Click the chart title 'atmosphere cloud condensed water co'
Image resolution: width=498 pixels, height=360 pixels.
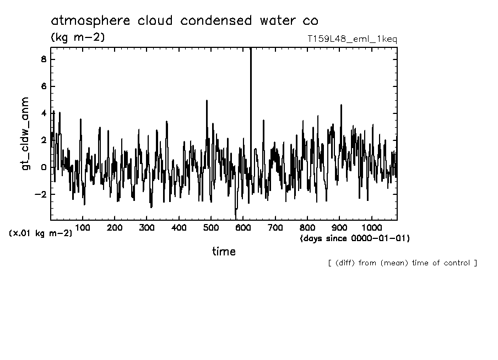click(x=185, y=21)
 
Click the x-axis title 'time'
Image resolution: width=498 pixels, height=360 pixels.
click(x=224, y=252)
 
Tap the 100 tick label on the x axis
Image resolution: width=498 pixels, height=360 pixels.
click(x=83, y=227)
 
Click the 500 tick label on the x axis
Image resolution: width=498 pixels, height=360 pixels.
click(x=211, y=227)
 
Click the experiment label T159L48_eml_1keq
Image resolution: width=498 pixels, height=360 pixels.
click(x=352, y=40)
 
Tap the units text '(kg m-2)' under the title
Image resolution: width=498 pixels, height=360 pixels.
click(x=77, y=37)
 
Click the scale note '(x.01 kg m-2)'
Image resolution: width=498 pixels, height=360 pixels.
click(x=40, y=233)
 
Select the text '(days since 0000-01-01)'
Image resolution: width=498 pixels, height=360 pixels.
click(x=355, y=238)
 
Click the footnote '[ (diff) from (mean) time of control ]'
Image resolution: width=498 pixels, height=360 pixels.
click(x=402, y=263)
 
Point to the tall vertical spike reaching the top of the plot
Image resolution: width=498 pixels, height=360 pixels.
click(x=251, y=83)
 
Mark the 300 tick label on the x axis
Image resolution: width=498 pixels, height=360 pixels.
click(x=147, y=227)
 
